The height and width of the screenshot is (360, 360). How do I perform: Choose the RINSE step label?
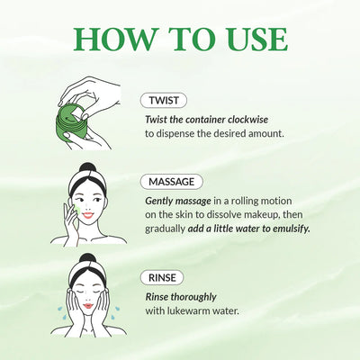163,277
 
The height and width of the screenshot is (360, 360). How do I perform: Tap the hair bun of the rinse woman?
88,260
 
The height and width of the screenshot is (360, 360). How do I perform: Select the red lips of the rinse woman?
88,308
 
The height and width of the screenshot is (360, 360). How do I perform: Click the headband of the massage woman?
87,185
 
